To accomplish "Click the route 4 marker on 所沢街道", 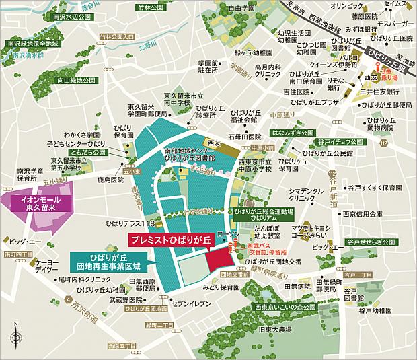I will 68,299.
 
